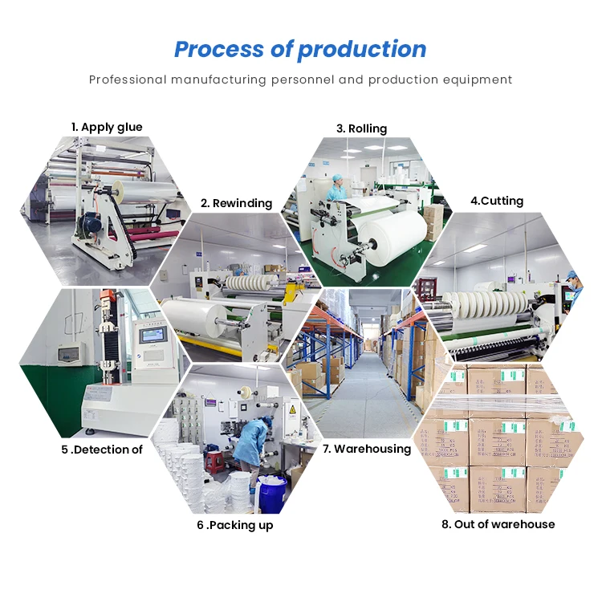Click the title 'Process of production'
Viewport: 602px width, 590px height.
click(300, 49)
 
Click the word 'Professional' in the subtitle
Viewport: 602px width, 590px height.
click(128, 79)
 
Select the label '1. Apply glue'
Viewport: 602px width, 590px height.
click(107, 127)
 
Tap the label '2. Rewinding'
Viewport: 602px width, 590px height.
click(236, 203)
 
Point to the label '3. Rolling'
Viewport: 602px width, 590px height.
click(361, 128)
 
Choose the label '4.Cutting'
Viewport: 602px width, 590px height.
click(497, 201)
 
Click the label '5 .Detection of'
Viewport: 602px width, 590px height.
click(102, 450)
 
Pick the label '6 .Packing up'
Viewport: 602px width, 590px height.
click(235, 525)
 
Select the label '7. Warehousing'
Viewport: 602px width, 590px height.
click(367, 449)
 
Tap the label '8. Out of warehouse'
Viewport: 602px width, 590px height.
click(498, 524)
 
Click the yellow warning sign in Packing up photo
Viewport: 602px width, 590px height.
click(292, 410)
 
